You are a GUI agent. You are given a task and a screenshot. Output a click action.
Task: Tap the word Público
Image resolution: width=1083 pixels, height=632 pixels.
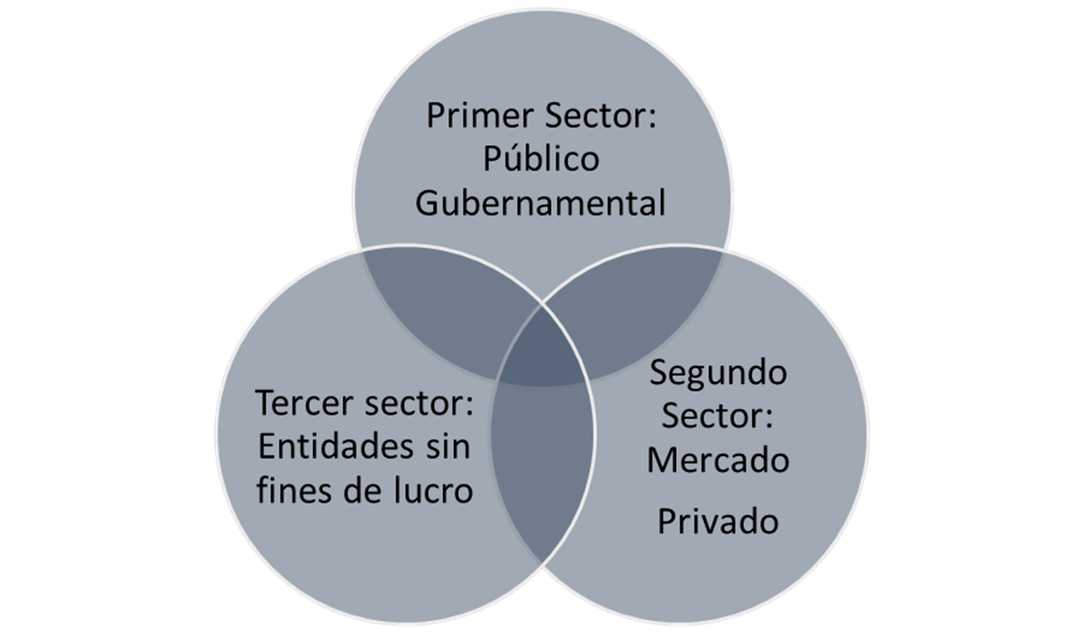point(541,159)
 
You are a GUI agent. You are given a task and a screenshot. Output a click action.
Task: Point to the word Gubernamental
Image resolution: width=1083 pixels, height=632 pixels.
point(541,202)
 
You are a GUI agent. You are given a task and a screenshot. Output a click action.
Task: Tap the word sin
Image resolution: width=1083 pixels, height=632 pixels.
point(445,448)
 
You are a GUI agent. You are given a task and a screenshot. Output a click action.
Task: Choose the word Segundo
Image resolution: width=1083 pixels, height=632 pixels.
point(718,374)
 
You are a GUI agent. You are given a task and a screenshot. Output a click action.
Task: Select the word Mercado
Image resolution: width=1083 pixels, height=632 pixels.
point(718,461)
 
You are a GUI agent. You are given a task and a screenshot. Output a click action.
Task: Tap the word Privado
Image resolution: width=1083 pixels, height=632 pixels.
point(718,521)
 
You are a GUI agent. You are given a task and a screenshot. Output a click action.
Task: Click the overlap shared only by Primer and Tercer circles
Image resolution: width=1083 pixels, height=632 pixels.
point(432,301)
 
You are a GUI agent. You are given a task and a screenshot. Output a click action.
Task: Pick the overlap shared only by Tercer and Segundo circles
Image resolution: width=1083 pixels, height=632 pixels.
point(543,470)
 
